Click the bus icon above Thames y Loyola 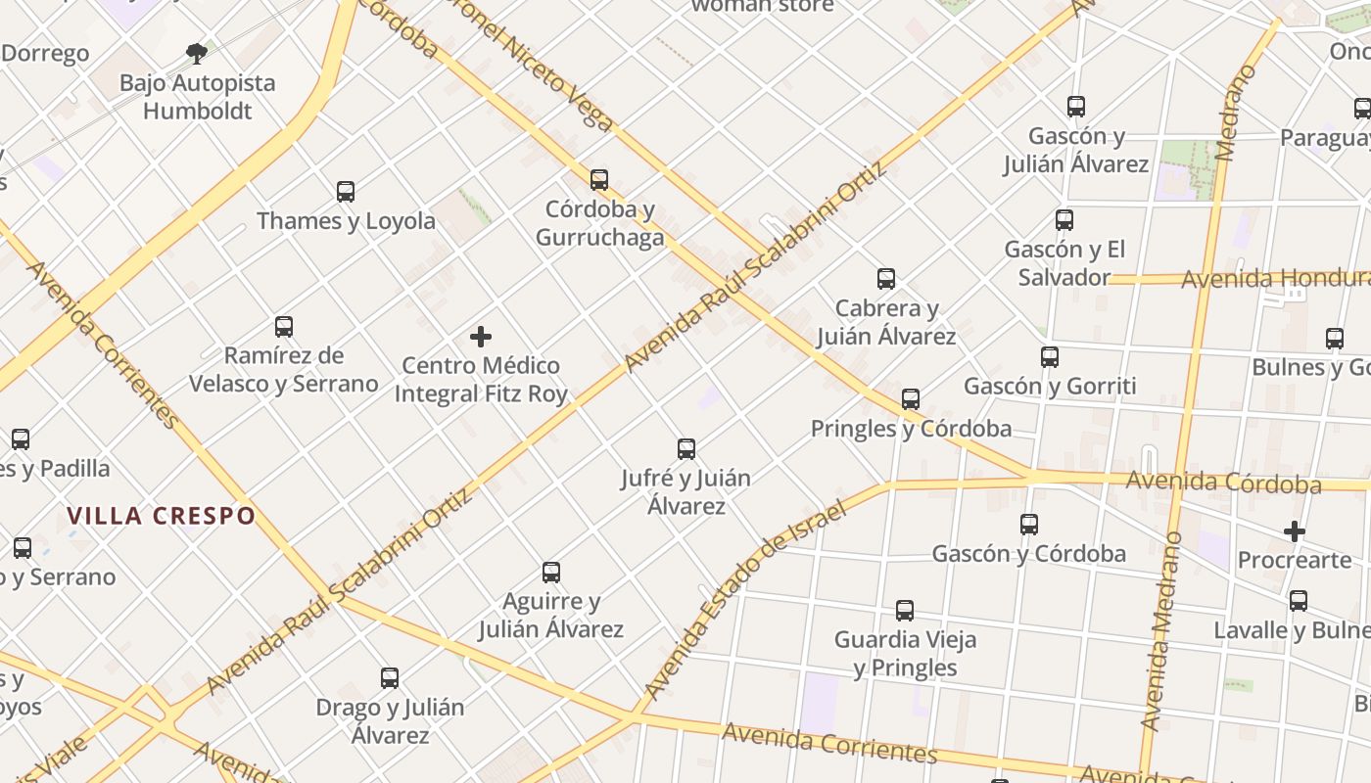tap(346, 192)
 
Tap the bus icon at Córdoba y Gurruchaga tap(599, 180)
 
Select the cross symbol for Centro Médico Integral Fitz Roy tap(481, 337)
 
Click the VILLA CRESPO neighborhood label tap(162, 516)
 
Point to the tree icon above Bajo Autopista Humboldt tap(197, 53)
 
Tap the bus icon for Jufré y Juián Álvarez tap(686, 449)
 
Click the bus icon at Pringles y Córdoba tap(911, 399)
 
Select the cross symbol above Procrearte tap(1295, 531)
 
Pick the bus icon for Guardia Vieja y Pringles tap(905, 611)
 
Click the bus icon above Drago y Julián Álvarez tap(390, 677)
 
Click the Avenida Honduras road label tap(1273, 279)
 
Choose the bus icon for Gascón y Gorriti tap(1050, 357)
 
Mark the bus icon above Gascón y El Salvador tap(1064, 220)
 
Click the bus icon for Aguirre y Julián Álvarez tap(551, 572)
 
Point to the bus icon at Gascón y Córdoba tap(1029, 525)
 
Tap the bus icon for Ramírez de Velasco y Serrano tap(284, 326)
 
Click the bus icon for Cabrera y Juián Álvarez tap(886, 279)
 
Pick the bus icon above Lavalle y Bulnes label tap(1299, 601)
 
